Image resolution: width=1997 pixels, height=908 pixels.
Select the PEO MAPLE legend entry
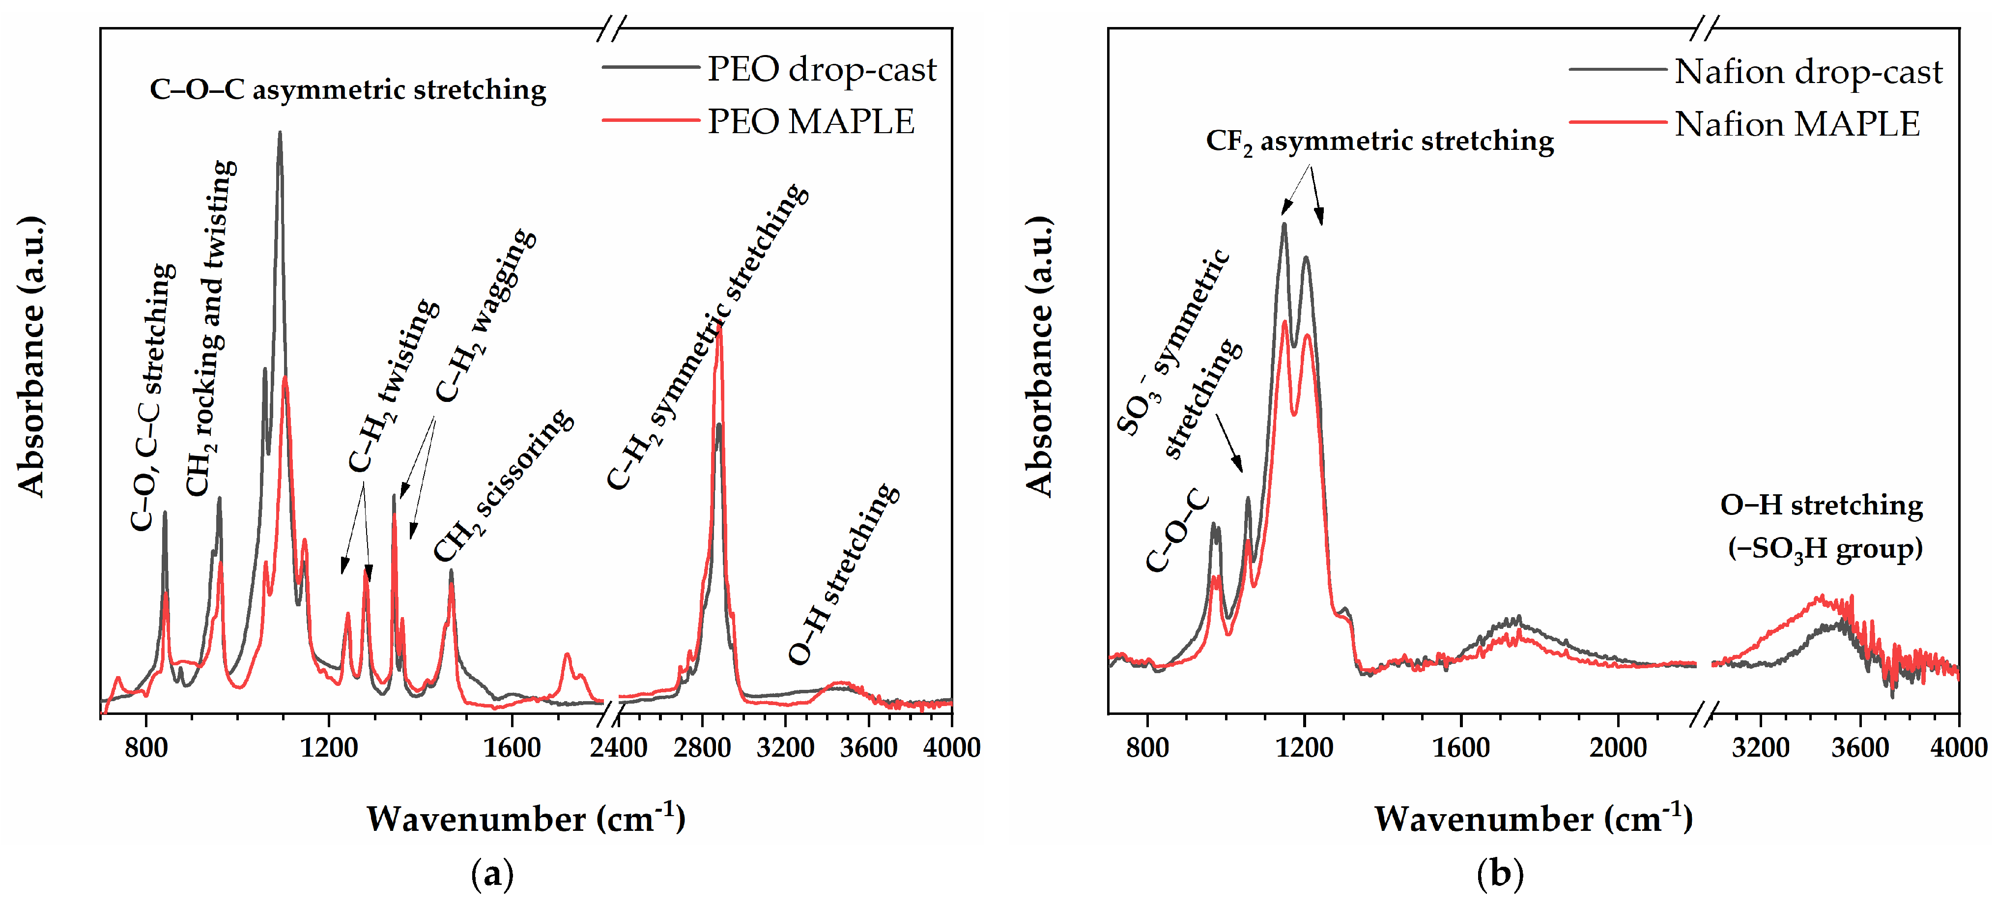[810, 122]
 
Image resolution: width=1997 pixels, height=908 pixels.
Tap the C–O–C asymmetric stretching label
[347, 90]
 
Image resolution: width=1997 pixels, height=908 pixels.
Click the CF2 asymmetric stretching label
[1379, 142]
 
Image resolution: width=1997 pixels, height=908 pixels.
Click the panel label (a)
[492, 874]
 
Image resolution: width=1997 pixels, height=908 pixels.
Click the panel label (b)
[1500, 874]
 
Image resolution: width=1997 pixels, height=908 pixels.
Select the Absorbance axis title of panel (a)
[31, 357]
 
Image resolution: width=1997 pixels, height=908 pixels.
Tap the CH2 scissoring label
[504, 484]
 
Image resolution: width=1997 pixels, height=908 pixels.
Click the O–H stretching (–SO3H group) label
[1821, 527]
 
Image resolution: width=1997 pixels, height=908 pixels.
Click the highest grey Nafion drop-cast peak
[1284, 226]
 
